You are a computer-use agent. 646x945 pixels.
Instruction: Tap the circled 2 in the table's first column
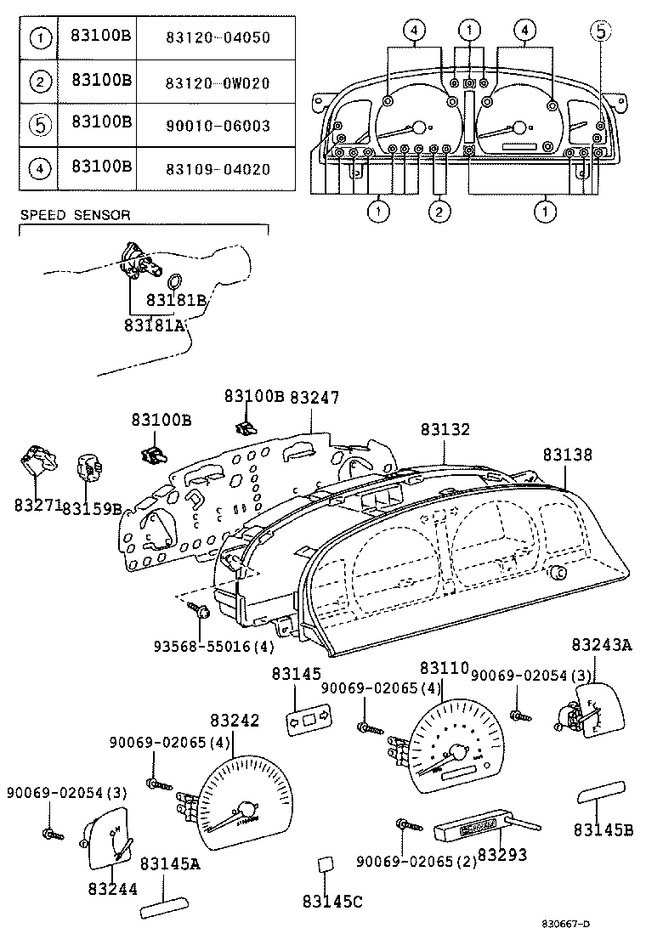38,82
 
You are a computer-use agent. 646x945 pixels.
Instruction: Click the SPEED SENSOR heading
75,215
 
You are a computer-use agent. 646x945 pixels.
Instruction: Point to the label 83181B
177,300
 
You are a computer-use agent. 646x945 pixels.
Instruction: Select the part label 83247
314,397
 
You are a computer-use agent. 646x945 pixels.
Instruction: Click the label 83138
569,455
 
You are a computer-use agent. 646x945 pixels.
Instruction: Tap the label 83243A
601,645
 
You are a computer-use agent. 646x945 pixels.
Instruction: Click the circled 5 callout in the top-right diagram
600,31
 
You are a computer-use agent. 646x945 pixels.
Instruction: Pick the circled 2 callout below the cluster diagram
439,212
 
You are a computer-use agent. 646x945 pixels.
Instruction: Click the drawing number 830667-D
567,924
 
